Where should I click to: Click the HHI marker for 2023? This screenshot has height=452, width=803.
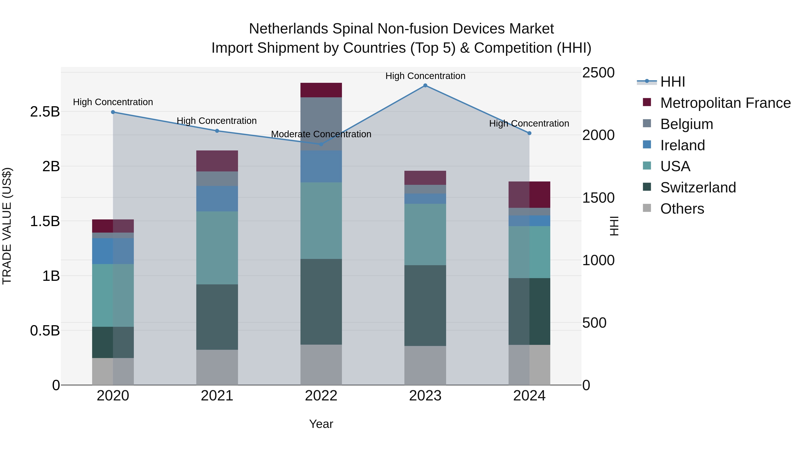(x=425, y=85)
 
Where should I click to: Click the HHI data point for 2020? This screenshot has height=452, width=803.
(x=113, y=112)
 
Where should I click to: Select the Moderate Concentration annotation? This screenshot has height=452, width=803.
(x=321, y=134)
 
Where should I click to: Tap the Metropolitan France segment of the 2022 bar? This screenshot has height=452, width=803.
(x=321, y=90)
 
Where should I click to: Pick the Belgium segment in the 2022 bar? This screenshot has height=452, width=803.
(x=321, y=124)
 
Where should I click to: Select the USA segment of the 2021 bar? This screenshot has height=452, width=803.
(x=217, y=248)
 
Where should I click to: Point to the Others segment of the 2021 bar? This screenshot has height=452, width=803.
(x=217, y=367)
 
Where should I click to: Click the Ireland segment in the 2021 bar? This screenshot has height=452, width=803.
(x=217, y=199)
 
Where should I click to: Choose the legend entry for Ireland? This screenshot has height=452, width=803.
(x=682, y=145)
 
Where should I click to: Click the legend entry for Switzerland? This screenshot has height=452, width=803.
(x=698, y=187)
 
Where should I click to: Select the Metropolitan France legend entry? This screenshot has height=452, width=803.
(x=725, y=103)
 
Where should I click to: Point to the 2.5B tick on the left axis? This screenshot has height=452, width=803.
(x=45, y=112)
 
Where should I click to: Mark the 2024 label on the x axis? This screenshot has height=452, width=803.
(x=529, y=396)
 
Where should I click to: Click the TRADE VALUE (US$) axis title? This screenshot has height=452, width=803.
(x=7, y=226)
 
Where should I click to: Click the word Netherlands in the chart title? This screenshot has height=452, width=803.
(x=288, y=29)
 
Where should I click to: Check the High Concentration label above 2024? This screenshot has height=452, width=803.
(x=529, y=123)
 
